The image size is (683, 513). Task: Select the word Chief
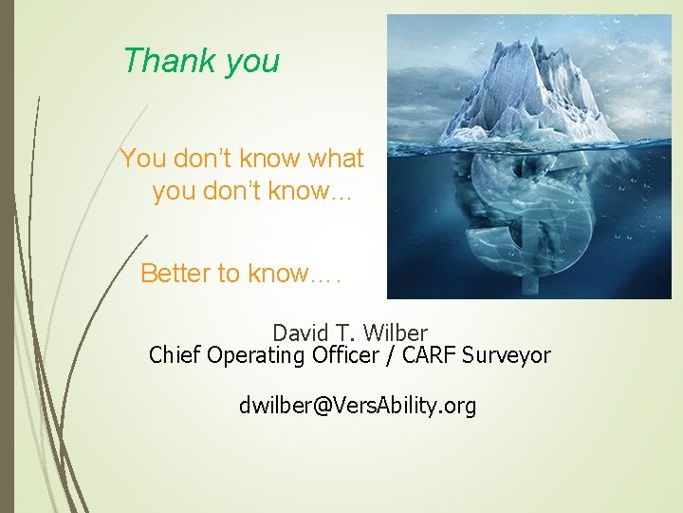pyautogui.click(x=174, y=355)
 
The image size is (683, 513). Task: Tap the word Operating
pyautogui.click(x=250, y=356)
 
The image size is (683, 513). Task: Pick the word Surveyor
pyautogui.click(x=506, y=356)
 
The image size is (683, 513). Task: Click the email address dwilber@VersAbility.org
pyautogui.click(x=357, y=407)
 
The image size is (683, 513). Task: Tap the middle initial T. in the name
pyautogui.click(x=345, y=333)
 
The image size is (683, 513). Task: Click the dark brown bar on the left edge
pyautogui.click(x=7, y=256)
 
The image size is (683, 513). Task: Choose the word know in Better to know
pyautogui.click(x=278, y=274)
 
